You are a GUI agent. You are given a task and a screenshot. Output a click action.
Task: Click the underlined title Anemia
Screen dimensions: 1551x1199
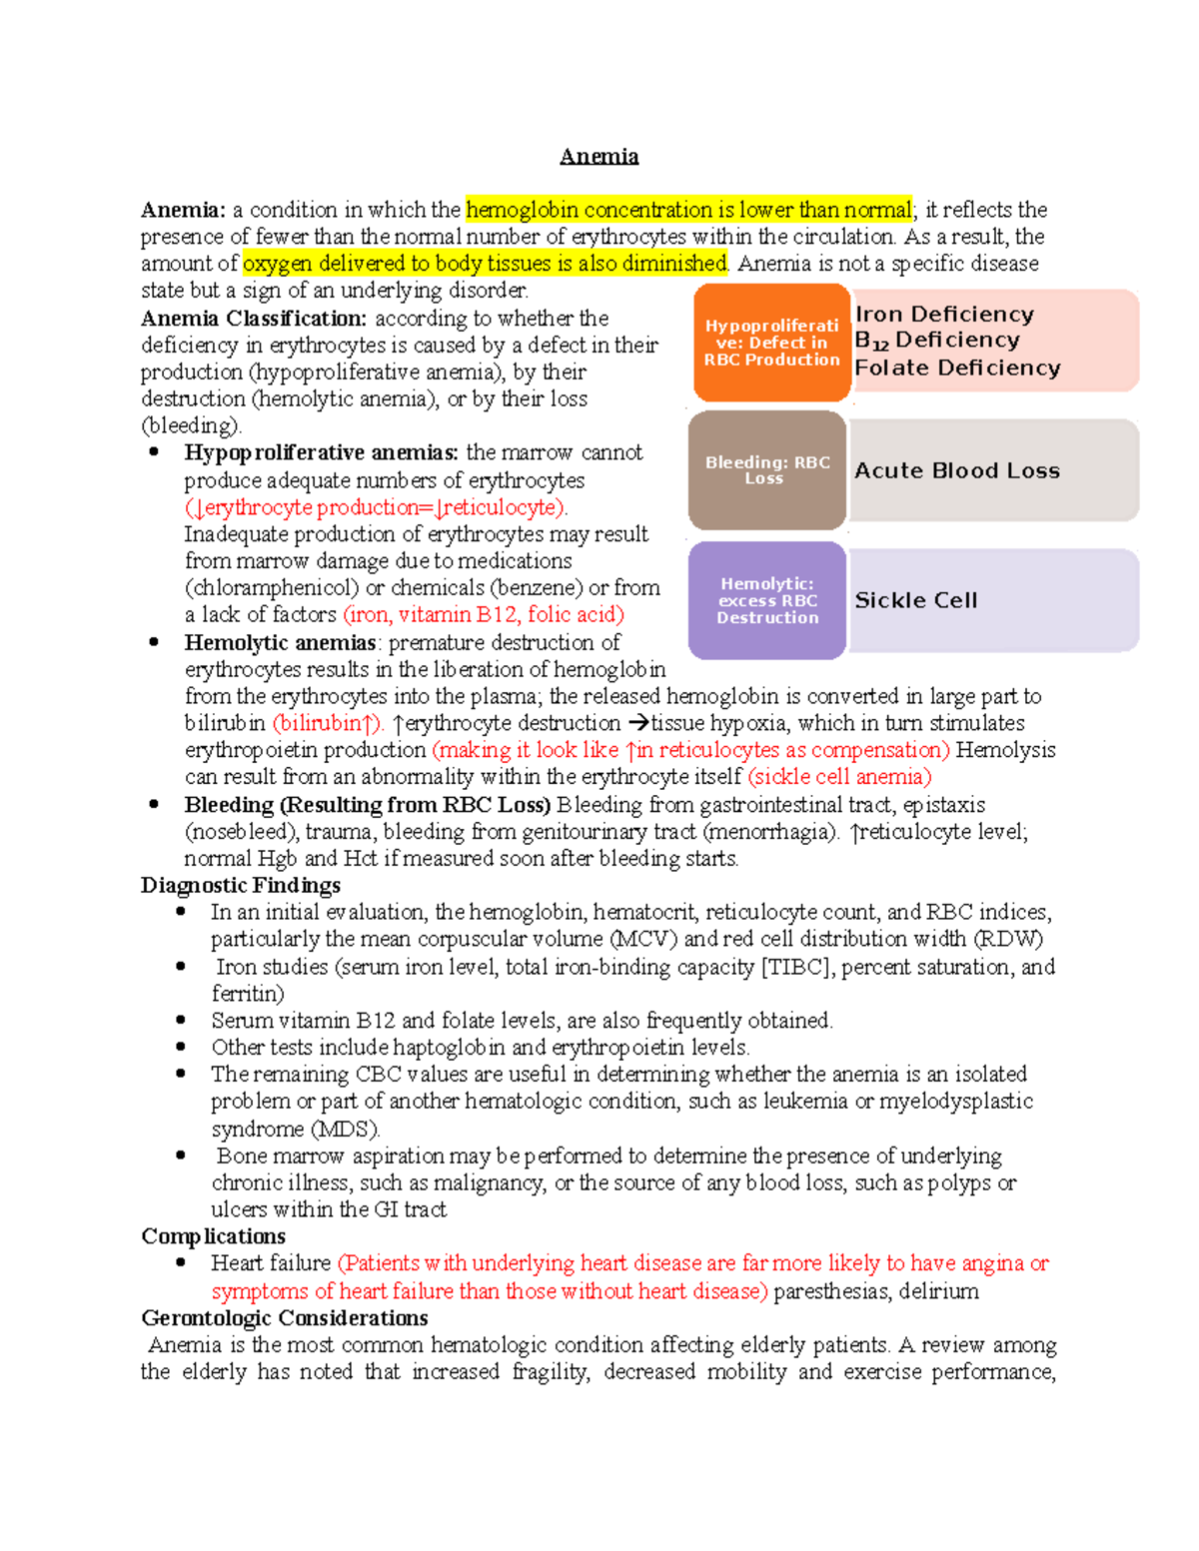599,157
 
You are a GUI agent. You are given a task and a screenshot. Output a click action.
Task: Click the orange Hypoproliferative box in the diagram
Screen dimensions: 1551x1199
771,343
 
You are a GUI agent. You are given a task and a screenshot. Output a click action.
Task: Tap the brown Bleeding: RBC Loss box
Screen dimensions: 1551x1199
767,470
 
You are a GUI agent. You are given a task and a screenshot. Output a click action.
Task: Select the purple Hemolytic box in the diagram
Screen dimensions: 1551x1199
767,600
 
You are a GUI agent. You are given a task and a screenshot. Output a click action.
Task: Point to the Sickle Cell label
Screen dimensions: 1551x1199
915,600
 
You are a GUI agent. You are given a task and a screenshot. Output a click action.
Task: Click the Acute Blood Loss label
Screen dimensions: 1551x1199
956,470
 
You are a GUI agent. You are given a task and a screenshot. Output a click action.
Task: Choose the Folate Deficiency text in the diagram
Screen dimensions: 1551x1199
956,368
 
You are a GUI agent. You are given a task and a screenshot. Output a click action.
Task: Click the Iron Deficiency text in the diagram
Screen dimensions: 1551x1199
944,315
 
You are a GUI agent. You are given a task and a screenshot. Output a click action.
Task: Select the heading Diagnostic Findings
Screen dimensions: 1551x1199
241,886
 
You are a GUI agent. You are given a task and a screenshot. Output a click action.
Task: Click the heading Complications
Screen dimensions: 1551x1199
214,1236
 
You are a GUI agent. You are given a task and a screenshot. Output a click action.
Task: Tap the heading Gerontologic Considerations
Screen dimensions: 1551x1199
285,1318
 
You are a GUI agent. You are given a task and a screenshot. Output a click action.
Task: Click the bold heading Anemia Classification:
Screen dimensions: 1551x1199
254,319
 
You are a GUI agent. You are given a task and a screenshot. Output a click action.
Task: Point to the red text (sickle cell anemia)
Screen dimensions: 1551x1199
839,777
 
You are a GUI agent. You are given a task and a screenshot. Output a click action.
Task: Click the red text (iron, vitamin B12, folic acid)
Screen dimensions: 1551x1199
484,615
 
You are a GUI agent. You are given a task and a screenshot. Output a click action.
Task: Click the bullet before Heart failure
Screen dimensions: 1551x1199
181,1262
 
